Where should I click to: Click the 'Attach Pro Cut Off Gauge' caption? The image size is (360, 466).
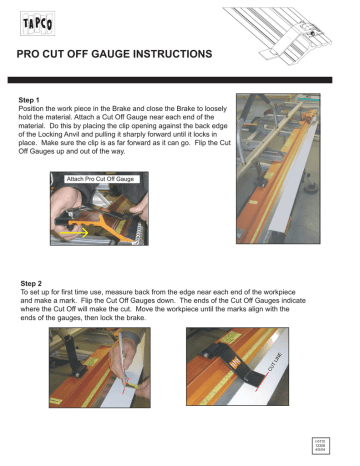[x=102, y=178]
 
